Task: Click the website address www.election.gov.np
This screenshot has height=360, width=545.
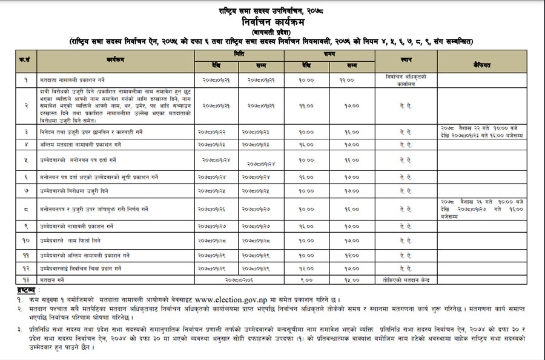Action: point(230,299)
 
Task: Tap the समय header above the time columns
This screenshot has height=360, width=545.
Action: point(329,55)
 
